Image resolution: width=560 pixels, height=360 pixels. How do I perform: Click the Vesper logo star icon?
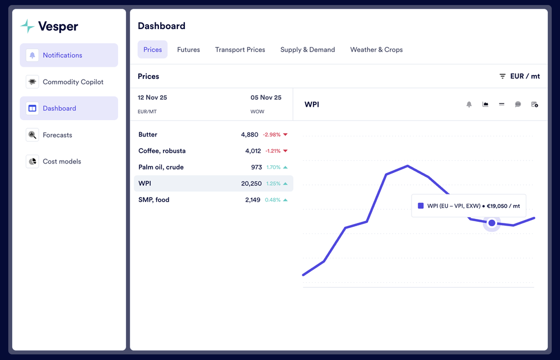[x=27, y=26]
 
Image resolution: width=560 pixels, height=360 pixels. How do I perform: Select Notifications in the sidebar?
[x=62, y=55]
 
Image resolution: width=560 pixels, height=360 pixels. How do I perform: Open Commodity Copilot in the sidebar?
[x=73, y=82]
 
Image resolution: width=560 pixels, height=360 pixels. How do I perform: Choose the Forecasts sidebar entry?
[x=57, y=135]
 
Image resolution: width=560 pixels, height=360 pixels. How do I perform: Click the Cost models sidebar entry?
[x=62, y=161]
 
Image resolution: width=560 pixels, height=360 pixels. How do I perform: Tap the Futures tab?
[x=188, y=50]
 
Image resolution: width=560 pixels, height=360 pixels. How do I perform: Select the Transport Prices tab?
[x=240, y=50]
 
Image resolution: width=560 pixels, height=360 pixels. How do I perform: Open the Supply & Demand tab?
[x=307, y=50]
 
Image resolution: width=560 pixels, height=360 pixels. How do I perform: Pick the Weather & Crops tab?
[x=376, y=50]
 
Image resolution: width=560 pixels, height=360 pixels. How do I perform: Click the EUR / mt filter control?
[x=520, y=76]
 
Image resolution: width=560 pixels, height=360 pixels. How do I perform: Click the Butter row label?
[x=148, y=135]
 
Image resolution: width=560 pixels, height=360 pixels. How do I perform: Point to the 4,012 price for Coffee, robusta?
[x=253, y=151]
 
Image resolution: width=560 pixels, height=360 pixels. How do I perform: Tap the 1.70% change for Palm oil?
[x=273, y=167]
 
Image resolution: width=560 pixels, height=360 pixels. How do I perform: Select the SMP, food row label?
[x=153, y=200]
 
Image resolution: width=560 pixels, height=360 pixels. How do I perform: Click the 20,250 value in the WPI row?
[x=251, y=184]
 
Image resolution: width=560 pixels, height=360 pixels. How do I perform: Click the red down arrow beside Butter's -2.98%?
[x=285, y=135]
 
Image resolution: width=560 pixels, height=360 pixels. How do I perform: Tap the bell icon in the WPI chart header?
[x=469, y=105]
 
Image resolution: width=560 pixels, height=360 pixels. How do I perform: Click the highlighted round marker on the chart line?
[x=492, y=223]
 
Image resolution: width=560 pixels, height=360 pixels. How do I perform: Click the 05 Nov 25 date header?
[x=266, y=97]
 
